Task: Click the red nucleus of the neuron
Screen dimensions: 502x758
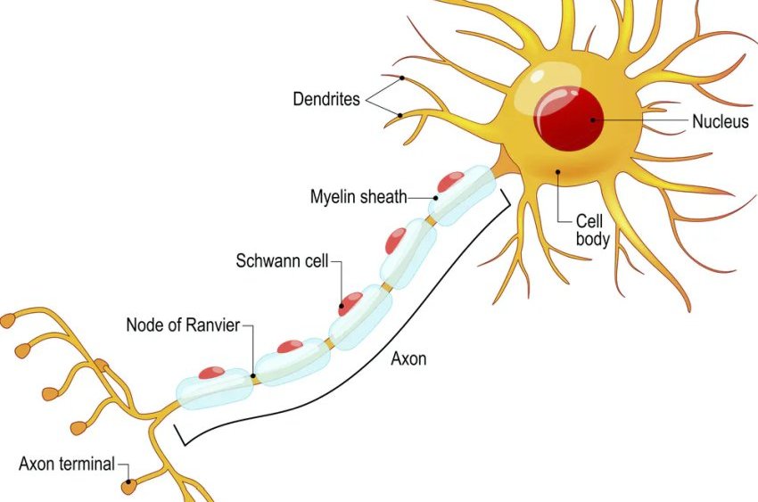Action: click(569, 118)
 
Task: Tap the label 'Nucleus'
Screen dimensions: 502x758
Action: click(721, 122)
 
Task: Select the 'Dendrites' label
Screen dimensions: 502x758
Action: click(326, 99)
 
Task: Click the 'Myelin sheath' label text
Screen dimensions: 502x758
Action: click(358, 196)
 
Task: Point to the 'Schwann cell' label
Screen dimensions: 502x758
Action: click(283, 261)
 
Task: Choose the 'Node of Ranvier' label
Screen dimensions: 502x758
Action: click(183, 325)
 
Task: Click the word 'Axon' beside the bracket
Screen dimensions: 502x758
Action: click(408, 359)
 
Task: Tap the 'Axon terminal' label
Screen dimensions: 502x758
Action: click(67, 464)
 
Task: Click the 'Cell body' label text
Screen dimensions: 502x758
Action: click(592, 229)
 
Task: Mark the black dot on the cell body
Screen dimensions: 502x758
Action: click(557, 171)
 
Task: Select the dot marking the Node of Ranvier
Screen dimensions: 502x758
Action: click(253, 377)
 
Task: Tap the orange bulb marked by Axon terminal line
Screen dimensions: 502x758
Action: click(129, 487)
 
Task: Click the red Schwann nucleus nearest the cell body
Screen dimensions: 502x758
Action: click(450, 182)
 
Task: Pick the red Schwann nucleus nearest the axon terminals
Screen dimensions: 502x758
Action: click(211, 372)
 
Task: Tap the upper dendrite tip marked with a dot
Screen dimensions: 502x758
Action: click(402, 78)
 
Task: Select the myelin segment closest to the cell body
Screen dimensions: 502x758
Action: click(461, 194)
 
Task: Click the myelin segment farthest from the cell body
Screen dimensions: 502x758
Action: click(214, 388)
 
